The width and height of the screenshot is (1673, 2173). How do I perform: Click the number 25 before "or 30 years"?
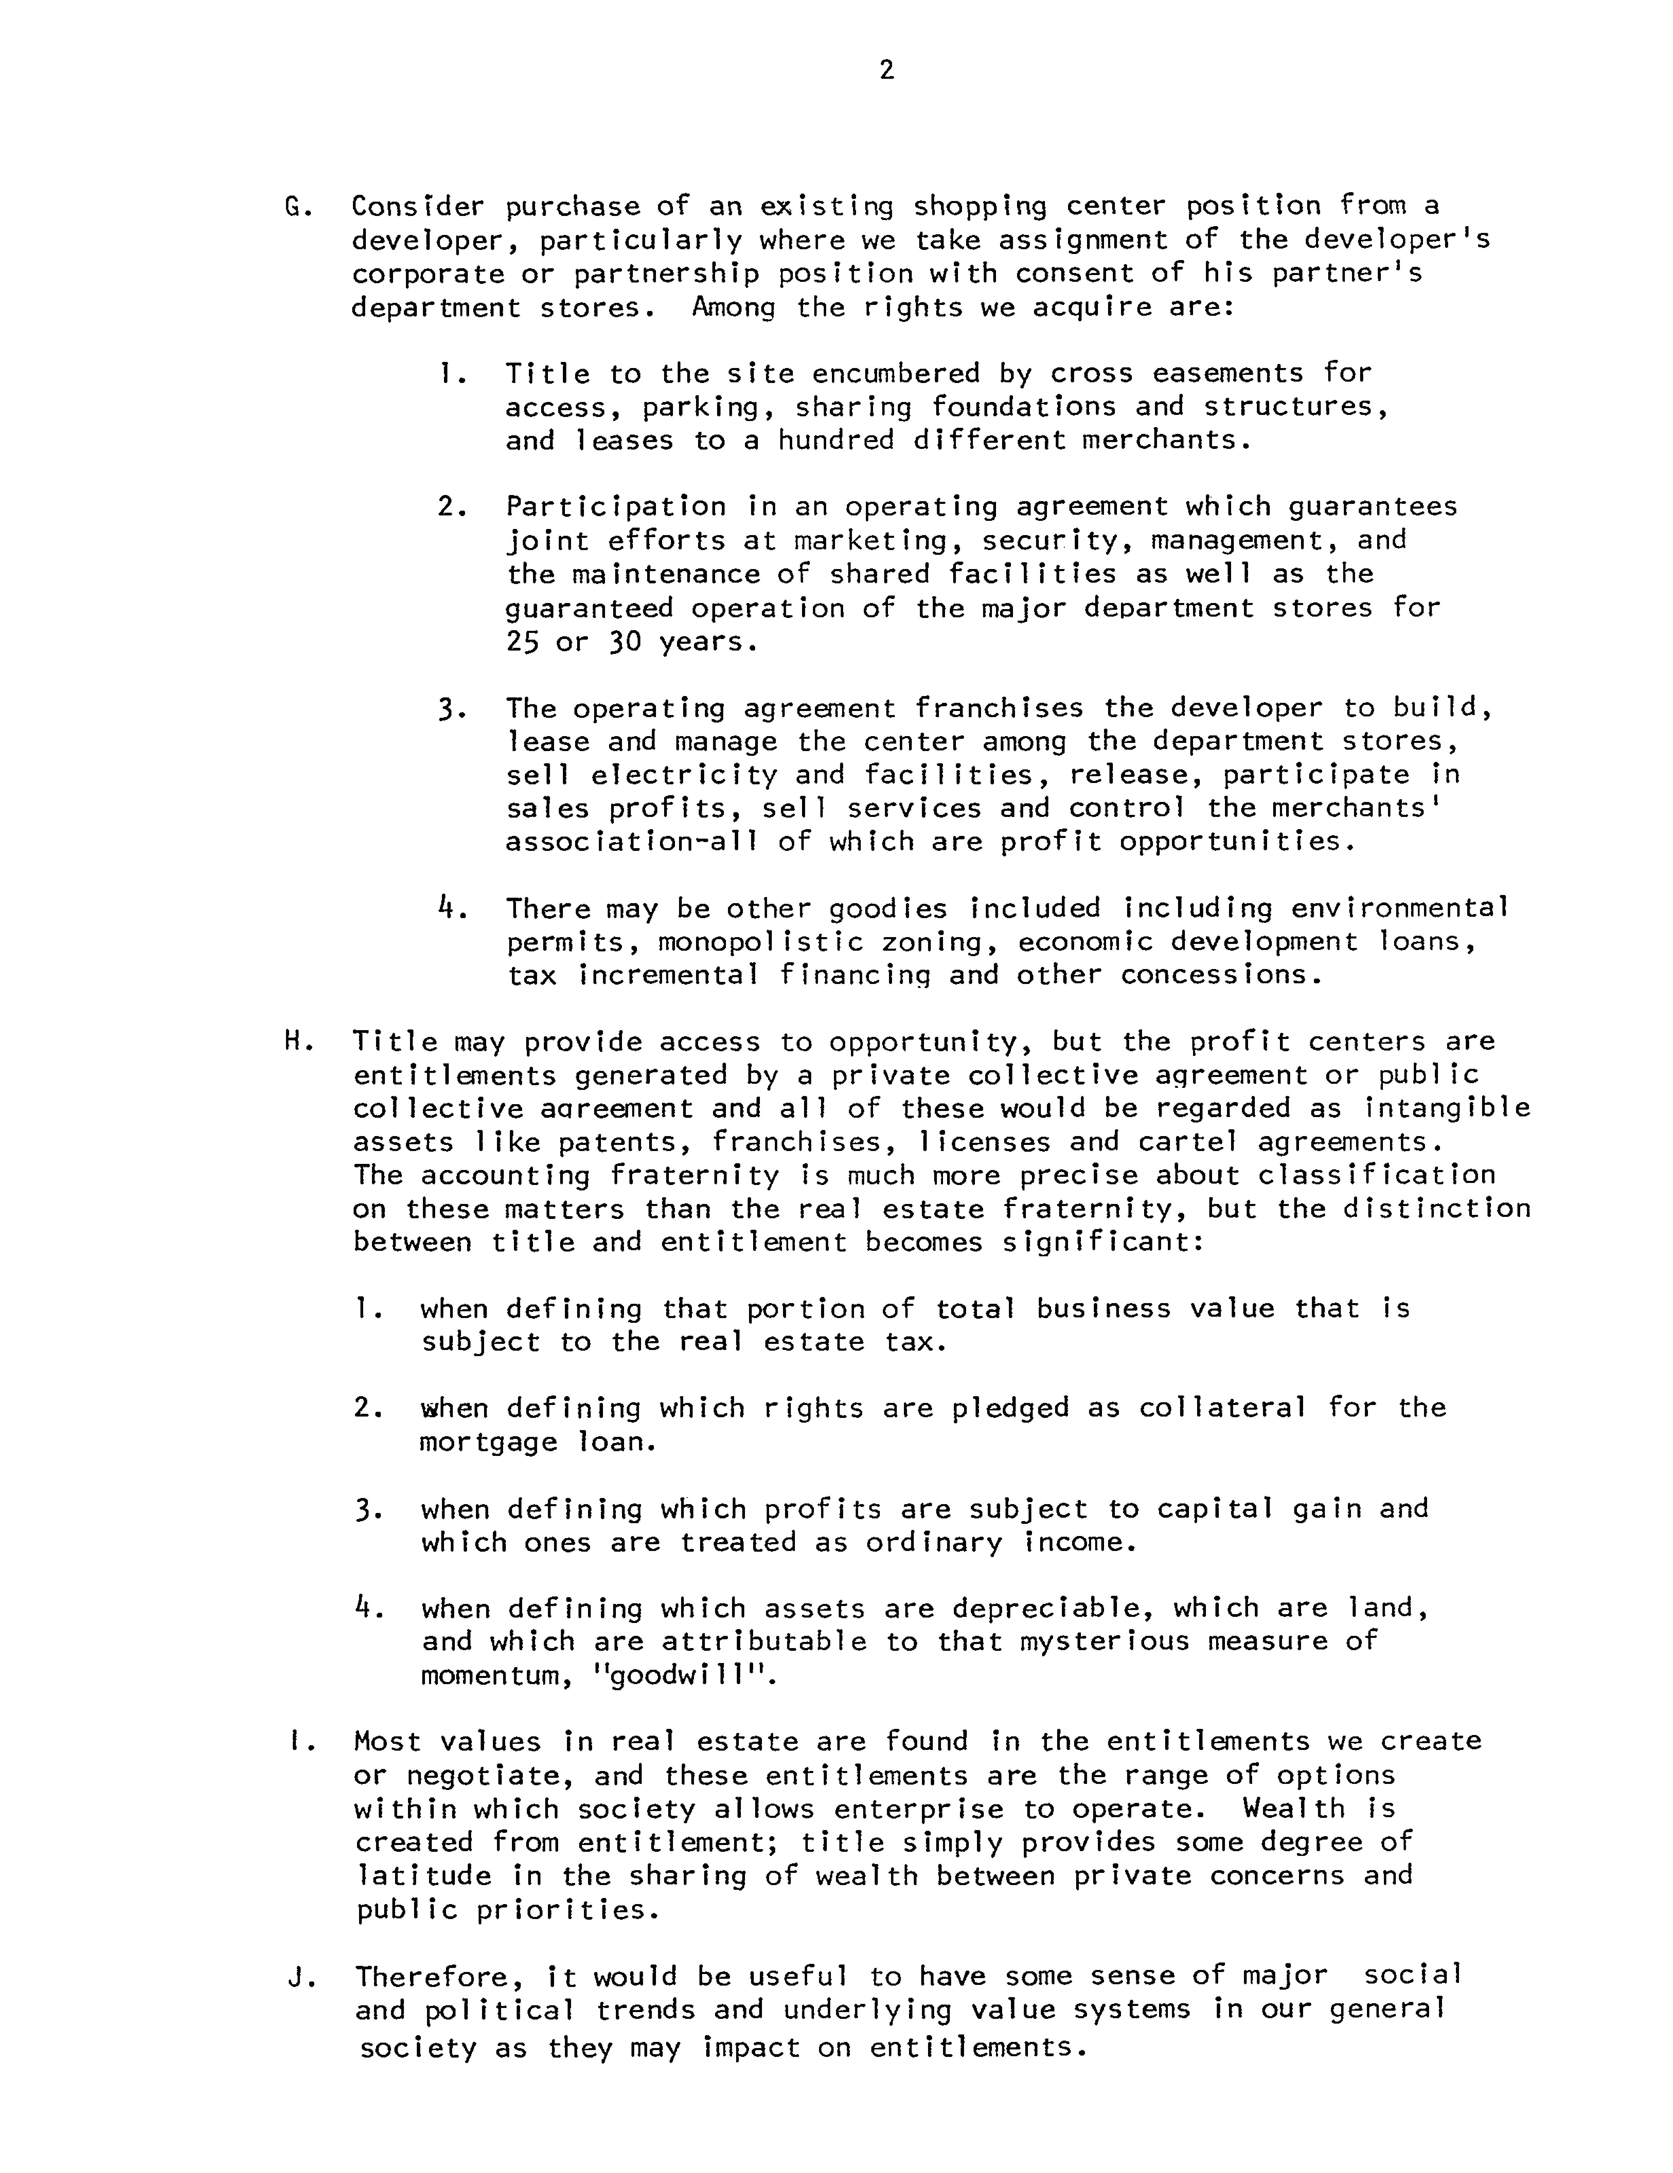(x=521, y=642)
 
